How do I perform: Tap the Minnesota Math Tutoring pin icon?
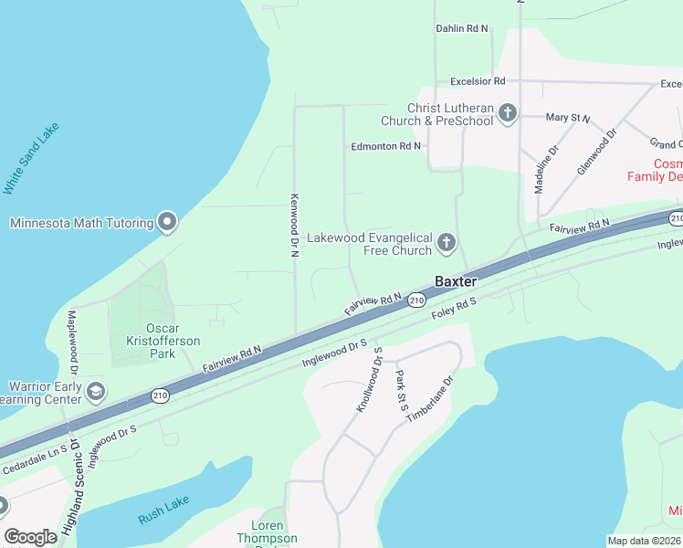[x=167, y=222]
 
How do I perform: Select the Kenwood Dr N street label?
[x=294, y=225]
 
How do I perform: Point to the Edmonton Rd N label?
[x=386, y=146]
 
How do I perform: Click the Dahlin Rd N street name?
[x=462, y=29]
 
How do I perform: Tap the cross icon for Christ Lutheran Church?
[x=509, y=114]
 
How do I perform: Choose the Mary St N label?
[x=567, y=119]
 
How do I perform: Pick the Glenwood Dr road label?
[x=597, y=152]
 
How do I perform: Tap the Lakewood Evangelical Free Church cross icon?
[x=446, y=242]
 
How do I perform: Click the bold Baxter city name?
[x=456, y=281]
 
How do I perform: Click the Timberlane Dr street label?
[x=429, y=397]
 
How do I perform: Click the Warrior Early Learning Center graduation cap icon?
[x=95, y=393]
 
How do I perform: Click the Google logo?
[x=30, y=537]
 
